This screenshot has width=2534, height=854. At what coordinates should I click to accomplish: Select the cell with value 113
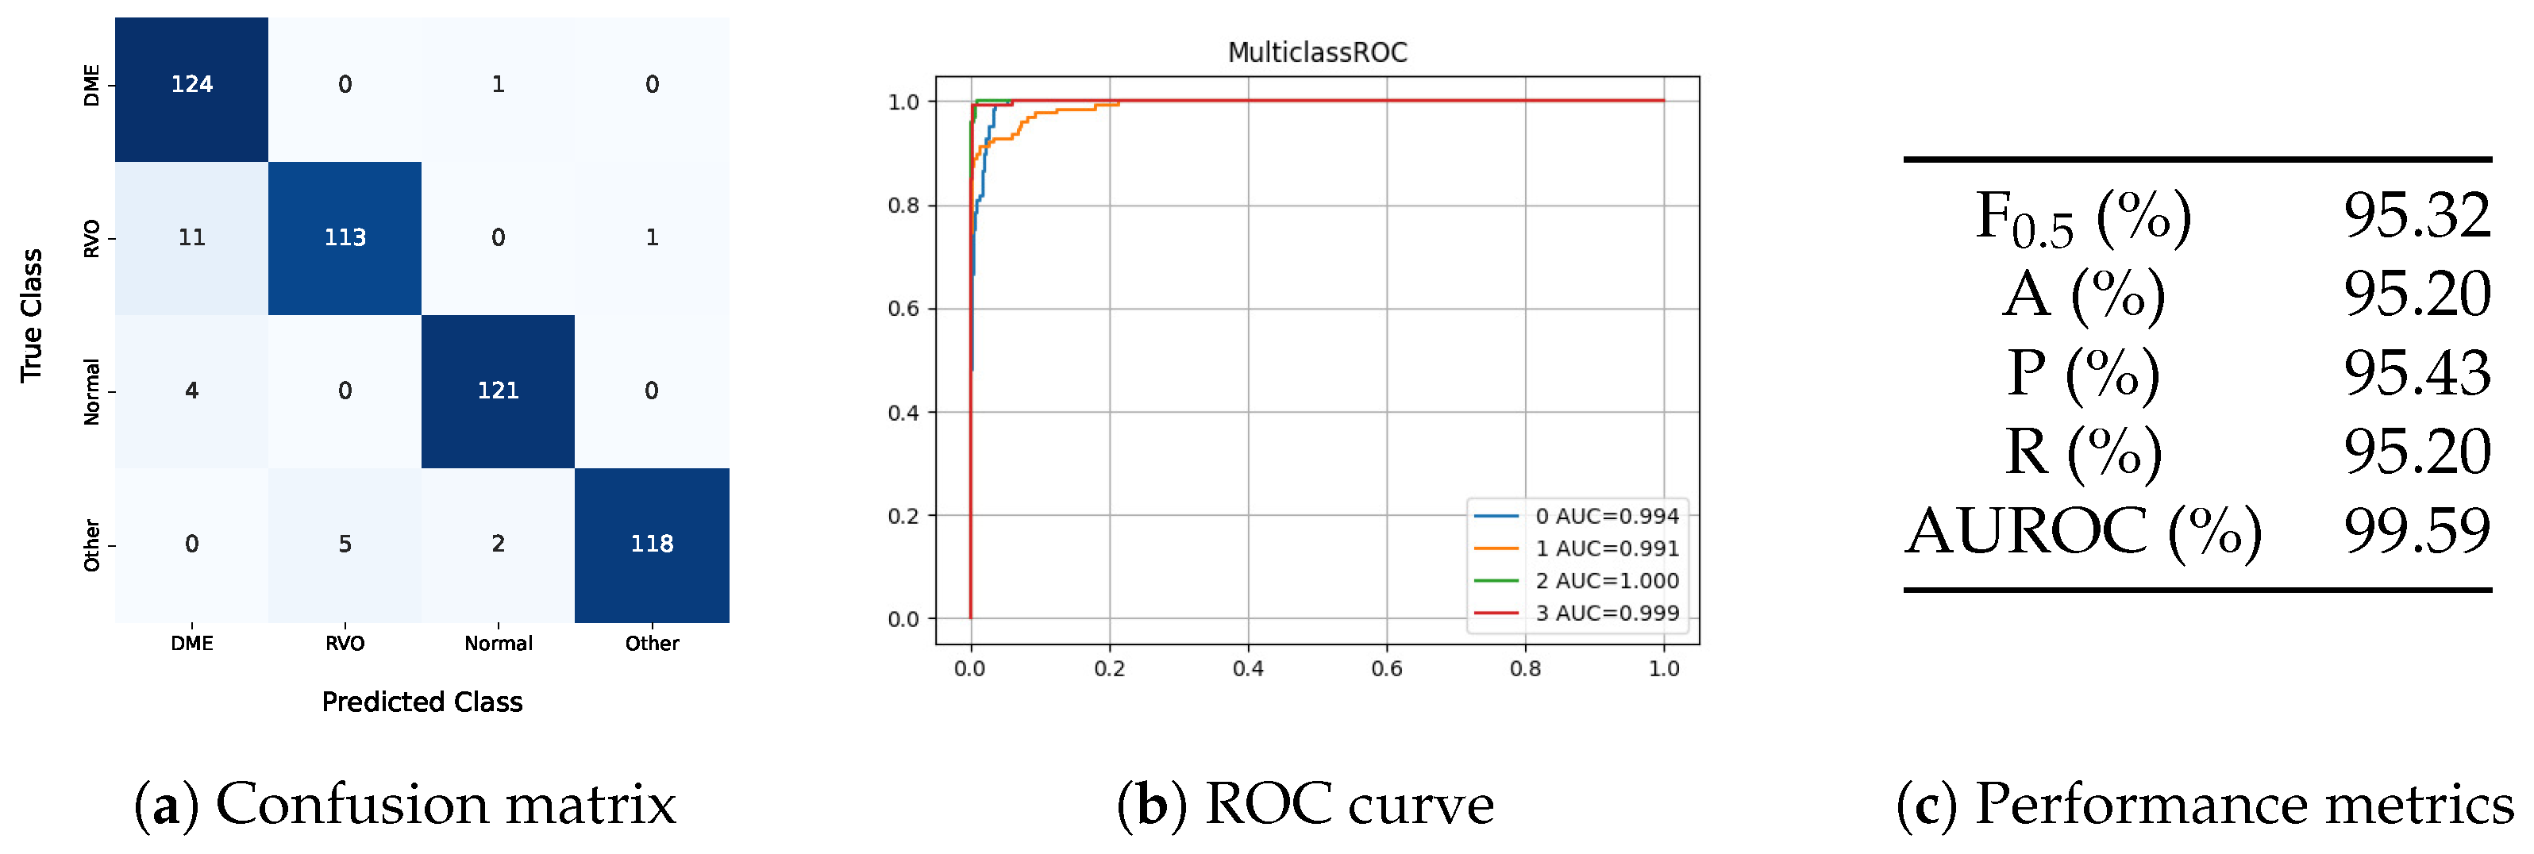click(345, 237)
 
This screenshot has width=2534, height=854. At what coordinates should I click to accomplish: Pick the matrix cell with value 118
click(651, 544)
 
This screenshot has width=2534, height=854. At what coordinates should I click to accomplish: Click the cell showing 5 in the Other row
click(345, 544)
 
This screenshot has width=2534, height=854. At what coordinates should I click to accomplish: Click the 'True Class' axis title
click(32, 315)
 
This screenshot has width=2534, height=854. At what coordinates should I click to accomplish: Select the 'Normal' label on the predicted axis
click(498, 644)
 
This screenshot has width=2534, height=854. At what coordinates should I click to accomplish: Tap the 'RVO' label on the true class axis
click(91, 238)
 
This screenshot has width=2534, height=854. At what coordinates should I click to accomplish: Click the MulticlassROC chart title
click(1316, 52)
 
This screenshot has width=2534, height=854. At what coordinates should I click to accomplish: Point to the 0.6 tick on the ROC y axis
click(903, 309)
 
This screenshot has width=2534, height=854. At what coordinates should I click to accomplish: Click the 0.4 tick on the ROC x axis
click(1247, 669)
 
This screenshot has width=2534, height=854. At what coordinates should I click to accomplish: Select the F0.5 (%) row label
click(2082, 217)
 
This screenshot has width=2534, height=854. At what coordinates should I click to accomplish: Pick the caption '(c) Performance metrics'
click(2204, 804)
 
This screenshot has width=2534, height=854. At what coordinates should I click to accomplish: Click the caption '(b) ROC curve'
click(1304, 804)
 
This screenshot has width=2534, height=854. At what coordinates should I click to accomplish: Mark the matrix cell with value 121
click(498, 390)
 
